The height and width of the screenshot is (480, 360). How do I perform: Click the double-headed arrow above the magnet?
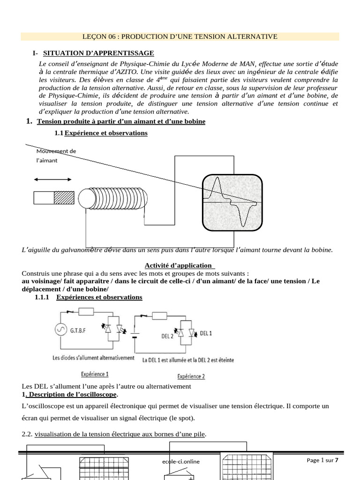tap(52, 179)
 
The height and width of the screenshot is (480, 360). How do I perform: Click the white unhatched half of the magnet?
tap(44, 197)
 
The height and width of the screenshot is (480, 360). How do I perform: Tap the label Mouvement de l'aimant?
tap(56, 156)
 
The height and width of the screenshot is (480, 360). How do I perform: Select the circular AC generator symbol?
tap(60, 330)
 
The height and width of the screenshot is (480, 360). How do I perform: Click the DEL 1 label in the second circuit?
tap(206, 333)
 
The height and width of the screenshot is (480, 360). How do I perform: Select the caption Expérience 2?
tap(191, 376)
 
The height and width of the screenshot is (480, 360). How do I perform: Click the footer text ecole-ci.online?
tap(178, 461)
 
